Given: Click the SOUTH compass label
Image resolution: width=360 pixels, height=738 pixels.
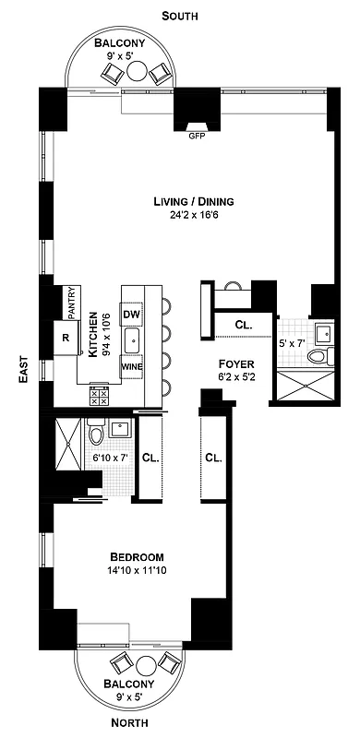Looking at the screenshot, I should point(180,16).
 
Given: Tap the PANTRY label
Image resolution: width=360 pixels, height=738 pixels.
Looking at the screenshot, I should point(70,302).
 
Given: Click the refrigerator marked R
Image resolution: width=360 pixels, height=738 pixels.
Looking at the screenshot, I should point(65,338).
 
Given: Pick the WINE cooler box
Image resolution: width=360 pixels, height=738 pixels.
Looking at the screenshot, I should point(131,367).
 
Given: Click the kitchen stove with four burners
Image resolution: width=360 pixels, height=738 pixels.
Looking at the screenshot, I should point(98,396).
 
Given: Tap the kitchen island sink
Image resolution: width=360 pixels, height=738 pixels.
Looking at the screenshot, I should point(132,339).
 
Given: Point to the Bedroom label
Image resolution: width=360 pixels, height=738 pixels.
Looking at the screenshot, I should point(137,557).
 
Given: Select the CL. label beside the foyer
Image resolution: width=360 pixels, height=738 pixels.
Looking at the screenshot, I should point(244,326).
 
